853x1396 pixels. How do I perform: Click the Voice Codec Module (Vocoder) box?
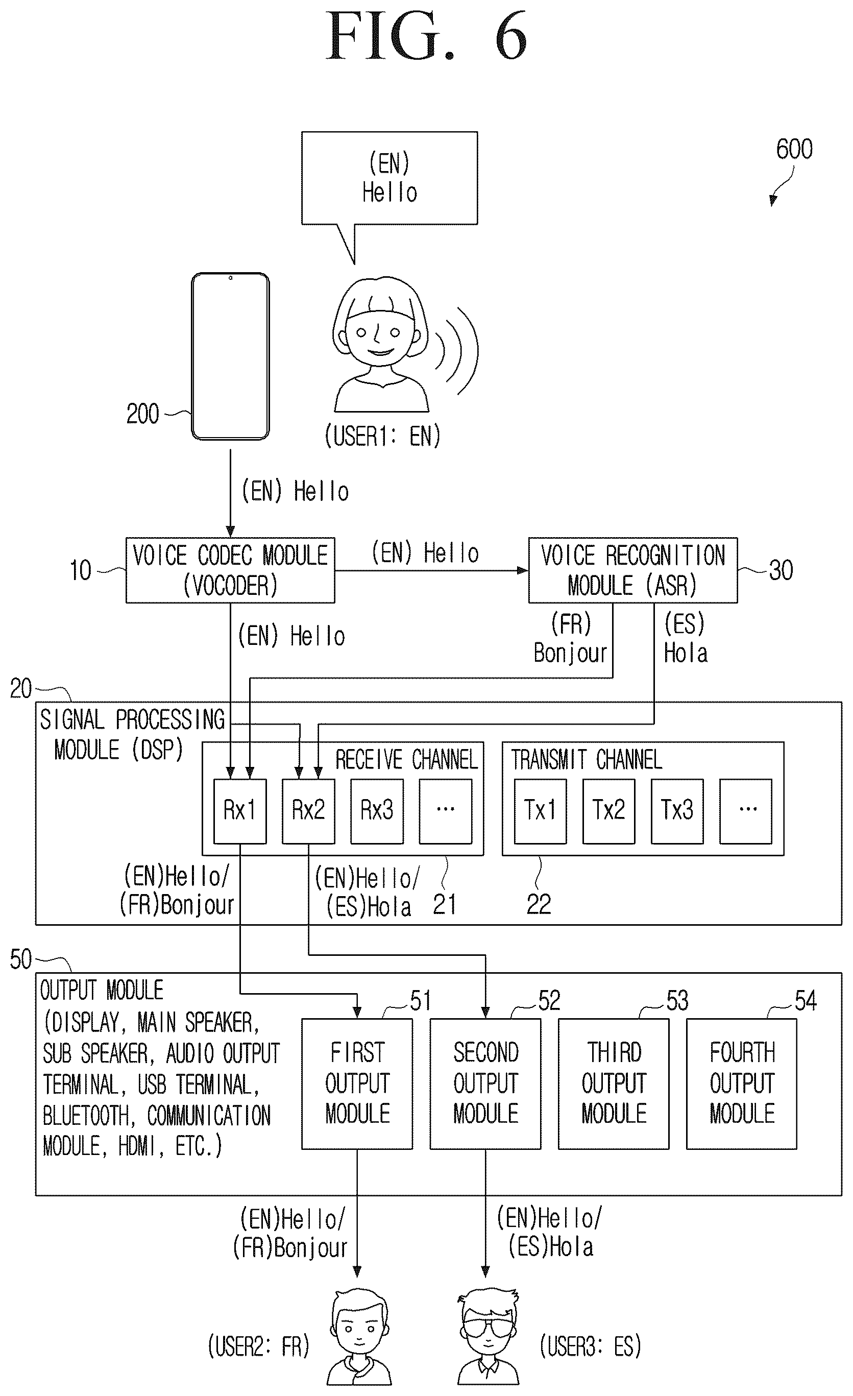click(x=230, y=570)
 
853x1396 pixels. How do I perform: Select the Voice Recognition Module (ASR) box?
click(x=632, y=570)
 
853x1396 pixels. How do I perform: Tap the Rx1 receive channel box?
click(x=239, y=811)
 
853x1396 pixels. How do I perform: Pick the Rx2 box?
click(x=308, y=811)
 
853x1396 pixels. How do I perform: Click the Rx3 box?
click(x=377, y=811)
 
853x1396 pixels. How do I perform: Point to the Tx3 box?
click(x=677, y=811)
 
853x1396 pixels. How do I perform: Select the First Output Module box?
click(x=357, y=1084)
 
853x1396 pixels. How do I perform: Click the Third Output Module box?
click(x=614, y=1084)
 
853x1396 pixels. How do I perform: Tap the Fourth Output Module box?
click(x=741, y=1084)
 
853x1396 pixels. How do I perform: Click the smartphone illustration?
click(x=230, y=356)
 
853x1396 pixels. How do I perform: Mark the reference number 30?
click(x=781, y=570)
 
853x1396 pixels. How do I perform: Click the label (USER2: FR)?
click(x=259, y=1346)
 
